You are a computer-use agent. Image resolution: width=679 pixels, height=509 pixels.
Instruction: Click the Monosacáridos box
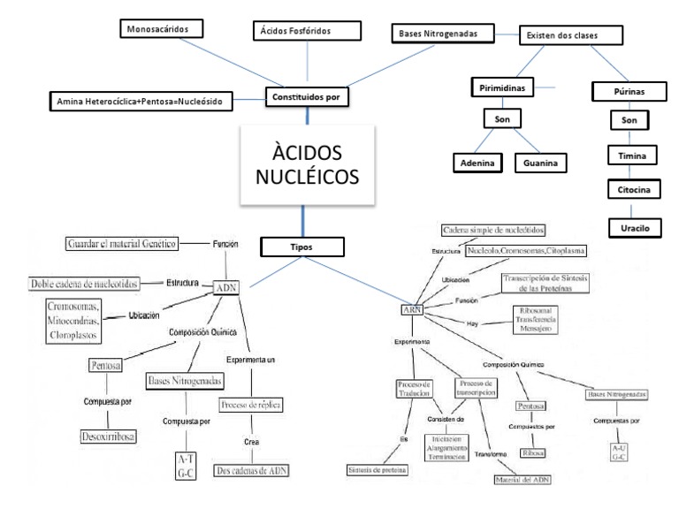point(160,29)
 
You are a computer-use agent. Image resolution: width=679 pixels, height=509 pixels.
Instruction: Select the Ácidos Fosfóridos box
point(307,32)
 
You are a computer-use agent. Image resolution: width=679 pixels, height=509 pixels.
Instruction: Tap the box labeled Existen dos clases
point(570,34)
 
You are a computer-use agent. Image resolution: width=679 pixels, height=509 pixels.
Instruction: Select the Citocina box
point(629,190)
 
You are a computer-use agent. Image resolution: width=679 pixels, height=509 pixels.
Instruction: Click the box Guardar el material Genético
point(122,243)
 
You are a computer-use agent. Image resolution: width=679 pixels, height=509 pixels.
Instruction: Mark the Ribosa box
point(532,452)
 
